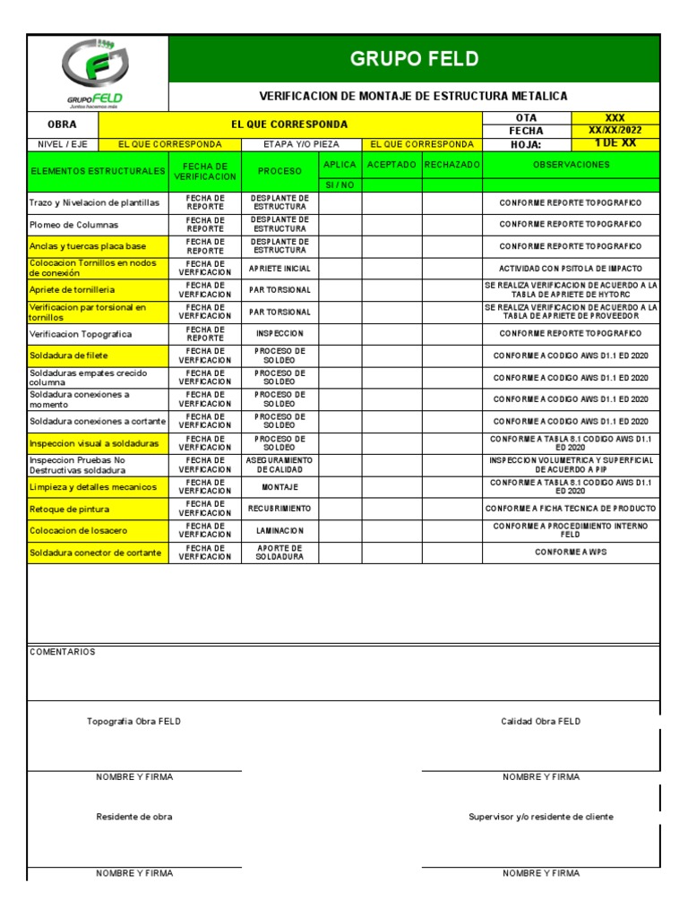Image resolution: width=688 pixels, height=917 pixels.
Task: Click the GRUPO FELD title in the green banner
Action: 414,59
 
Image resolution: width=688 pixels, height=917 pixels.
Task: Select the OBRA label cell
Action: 62,124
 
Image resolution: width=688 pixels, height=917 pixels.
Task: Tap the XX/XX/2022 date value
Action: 615,131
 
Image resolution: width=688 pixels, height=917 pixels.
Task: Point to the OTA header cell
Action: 526,118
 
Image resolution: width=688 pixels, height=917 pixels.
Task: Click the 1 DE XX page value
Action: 615,143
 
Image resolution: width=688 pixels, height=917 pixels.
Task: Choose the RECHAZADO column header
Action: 452,165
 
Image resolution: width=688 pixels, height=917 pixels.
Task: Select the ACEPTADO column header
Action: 391,165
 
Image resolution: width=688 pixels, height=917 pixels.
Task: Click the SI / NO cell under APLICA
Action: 340,185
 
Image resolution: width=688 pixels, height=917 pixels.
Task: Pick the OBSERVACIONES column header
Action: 571,165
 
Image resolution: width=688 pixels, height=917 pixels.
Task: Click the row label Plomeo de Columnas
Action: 73,225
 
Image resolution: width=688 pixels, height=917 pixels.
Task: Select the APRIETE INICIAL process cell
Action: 280,269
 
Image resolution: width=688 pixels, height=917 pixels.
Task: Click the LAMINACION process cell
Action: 280,530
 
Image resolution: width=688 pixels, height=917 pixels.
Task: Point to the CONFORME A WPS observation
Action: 571,553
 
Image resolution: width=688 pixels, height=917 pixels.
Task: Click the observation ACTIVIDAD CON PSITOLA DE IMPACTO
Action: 571,269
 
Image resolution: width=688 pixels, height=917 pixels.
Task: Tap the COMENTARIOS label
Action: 62,652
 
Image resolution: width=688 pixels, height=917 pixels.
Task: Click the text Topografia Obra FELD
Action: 133,722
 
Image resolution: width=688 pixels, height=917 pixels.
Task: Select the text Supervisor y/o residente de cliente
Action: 541,817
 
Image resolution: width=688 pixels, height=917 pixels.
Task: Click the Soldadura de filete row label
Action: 69,356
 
